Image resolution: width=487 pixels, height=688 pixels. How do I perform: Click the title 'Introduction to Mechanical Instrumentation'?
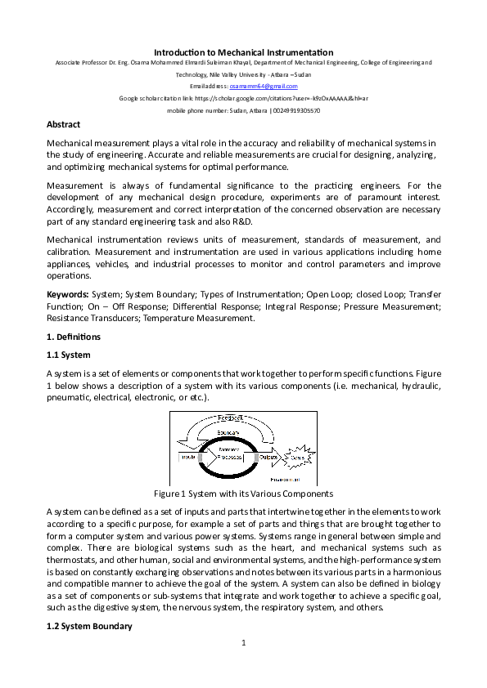[243, 52]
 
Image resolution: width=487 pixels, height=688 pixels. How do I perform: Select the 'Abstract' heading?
[64, 124]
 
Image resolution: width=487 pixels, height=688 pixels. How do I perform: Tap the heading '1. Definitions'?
[74, 337]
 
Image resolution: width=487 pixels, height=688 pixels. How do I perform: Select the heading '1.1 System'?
[69, 355]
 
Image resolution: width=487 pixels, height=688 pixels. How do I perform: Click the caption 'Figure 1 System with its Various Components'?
[243, 494]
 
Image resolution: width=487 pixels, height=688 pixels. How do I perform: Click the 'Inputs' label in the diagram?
[187, 457]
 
